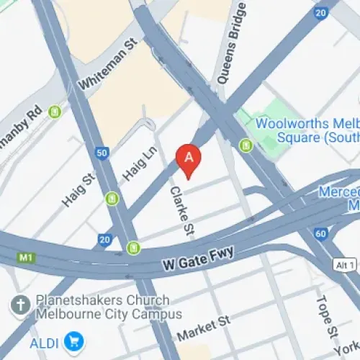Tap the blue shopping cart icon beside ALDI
pos(73,340)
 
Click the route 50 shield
pos(102,152)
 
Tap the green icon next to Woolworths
pos(246,146)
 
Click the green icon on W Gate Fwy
pos(133,248)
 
